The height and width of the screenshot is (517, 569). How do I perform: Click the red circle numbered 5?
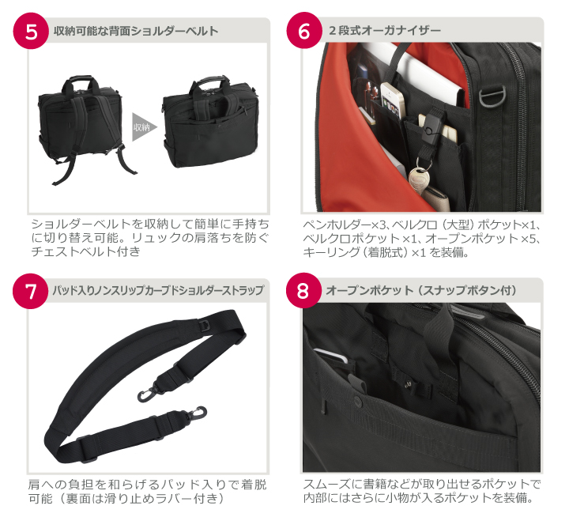tap(31, 31)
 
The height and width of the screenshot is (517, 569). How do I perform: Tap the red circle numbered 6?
tap(304, 31)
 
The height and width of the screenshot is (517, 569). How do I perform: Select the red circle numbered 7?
tap(31, 291)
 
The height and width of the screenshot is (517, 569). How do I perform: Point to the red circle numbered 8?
tap(303, 290)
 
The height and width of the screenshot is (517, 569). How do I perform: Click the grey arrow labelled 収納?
tap(144, 127)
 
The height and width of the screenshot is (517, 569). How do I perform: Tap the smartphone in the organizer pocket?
tap(393, 100)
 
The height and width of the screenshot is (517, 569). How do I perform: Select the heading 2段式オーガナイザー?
tap(385, 30)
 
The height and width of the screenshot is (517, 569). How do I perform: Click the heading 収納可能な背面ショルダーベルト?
tap(136, 31)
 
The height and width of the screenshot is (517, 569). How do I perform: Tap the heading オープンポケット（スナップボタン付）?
tap(421, 290)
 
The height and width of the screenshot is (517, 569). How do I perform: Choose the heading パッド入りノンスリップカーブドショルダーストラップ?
tap(158, 290)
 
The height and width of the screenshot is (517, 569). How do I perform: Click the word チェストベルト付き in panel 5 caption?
tap(85, 251)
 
